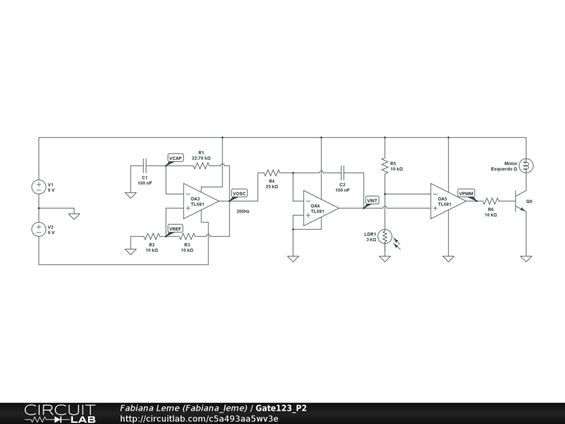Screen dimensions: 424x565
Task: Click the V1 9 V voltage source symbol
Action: [x=39, y=187]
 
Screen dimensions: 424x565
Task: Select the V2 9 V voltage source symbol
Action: [x=39, y=229]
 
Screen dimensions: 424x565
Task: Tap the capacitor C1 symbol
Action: [x=145, y=165]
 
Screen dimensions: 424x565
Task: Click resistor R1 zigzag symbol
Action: [x=201, y=165]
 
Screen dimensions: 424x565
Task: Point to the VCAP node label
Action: [x=175, y=158]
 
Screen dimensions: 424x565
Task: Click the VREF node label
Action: [x=175, y=229]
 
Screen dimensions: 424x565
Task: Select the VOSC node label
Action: [x=239, y=193]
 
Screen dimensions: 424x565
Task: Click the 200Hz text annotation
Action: [x=243, y=211]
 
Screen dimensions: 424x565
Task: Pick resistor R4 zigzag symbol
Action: [x=272, y=173]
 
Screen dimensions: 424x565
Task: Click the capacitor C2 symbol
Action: [x=342, y=173]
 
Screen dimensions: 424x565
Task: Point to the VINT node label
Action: [x=372, y=200]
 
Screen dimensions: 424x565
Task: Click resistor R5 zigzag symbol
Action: [x=385, y=165]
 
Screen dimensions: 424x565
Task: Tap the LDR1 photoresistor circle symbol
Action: [x=385, y=236]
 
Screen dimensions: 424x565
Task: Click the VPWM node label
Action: [x=466, y=193]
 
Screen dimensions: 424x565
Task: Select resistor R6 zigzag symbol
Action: [x=491, y=201]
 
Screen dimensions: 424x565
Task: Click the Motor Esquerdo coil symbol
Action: [x=526, y=165]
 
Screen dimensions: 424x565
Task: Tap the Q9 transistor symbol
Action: [x=520, y=202]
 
